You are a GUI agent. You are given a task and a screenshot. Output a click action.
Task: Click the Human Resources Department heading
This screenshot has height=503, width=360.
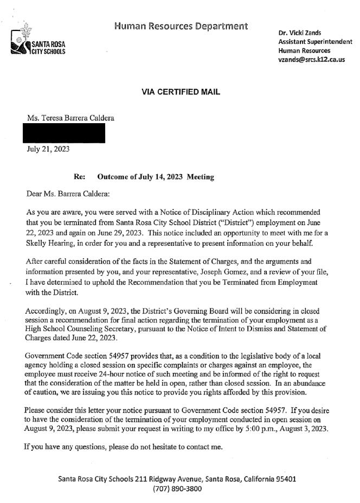[182, 26]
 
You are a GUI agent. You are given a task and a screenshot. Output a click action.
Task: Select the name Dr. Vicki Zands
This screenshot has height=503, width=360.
[300, 33]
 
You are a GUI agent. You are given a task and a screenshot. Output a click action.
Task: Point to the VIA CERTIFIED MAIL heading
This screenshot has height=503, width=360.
[181, 92]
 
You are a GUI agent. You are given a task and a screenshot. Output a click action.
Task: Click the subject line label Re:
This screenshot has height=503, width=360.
[79, 177]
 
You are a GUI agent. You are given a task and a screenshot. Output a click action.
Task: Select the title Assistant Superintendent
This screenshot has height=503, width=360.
[315, 42]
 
